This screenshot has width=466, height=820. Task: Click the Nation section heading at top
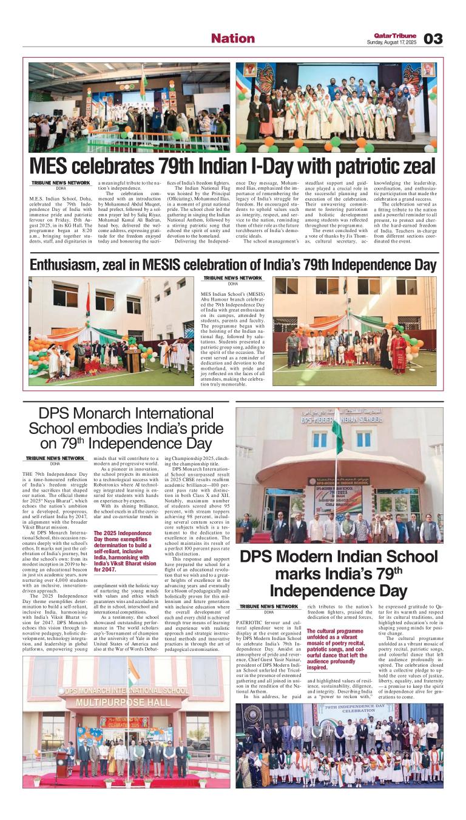[233, 38]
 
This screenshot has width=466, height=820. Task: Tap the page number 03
[433, 39]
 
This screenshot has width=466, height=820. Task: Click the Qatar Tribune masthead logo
[395, 35]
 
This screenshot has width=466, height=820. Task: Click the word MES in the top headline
[50, 165]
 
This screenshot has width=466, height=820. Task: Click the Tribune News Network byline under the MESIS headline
[232, 278]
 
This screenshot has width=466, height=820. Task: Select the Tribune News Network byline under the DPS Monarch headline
[55, 458]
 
